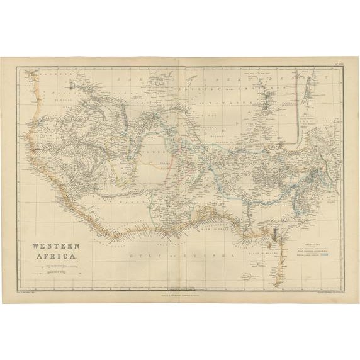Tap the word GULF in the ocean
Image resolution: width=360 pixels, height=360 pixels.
(x=136, y=257)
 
